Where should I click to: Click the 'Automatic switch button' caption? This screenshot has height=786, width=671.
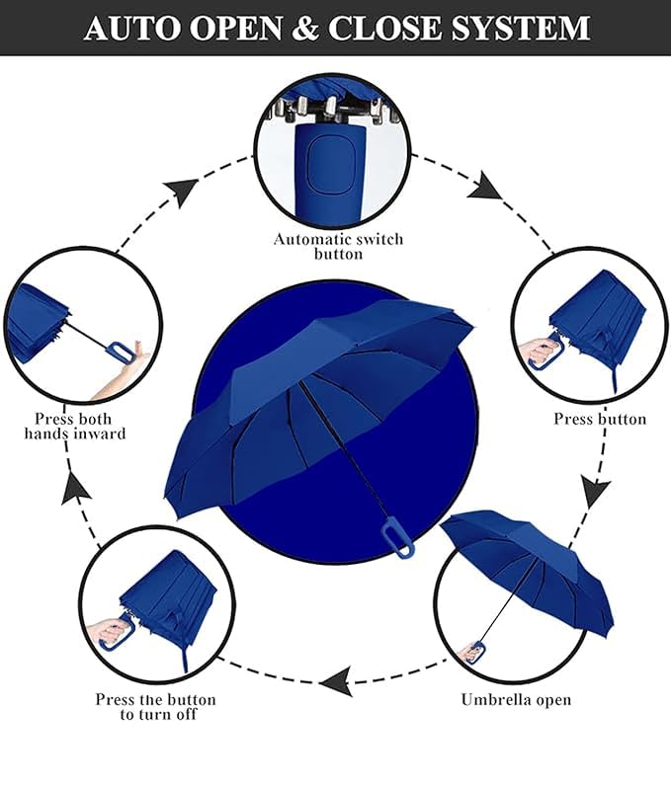pyautogui.click(x=338, y=246)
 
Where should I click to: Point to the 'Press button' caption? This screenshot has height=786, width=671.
pyautogui.click(x=599, y=419)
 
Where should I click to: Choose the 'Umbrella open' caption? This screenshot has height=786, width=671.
pyautogui.click(x=516, y=699)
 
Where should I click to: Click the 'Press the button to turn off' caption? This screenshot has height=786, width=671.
pyautogui.click(x=155, y=706)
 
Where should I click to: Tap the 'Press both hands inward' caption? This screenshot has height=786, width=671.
pyautogui.click(x=75, y=426)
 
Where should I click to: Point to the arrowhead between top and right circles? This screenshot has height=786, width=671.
pyautogui.click(x=487, y=185)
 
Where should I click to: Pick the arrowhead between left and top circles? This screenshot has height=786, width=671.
pyautogui.click(x=180, y=191)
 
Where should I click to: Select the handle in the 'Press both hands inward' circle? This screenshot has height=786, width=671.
pyautogui.click(x=118, y=352)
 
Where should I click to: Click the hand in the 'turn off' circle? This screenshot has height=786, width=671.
pyautogui.click(x=108, y=630)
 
